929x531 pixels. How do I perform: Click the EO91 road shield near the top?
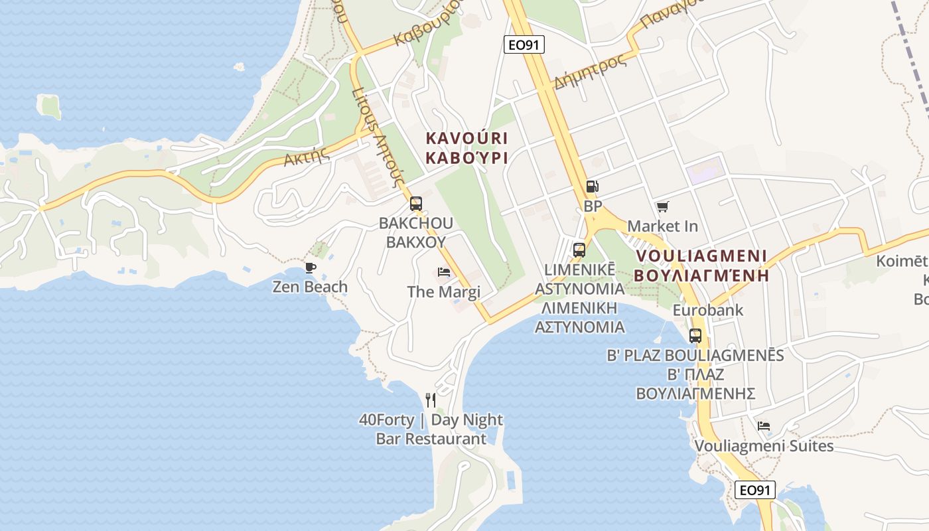point(524,44)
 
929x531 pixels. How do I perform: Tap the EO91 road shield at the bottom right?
point(756,490)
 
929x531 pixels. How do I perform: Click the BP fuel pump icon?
point(593,187)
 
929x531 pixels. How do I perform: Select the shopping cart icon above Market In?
point(662,207)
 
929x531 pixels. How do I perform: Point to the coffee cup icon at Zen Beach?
point(310,267)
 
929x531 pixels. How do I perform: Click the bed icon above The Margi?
point(444,272)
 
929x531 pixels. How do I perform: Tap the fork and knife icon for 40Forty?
point(431,400)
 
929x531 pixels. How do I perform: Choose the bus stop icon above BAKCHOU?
point(416,204)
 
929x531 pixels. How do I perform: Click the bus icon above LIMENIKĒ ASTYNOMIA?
point(579,250)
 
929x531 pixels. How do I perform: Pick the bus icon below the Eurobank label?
point(695,335)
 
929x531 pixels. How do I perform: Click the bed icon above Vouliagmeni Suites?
point(764,425)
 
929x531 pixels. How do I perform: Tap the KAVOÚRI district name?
point(466,139)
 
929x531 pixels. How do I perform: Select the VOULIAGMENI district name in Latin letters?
point(701,256)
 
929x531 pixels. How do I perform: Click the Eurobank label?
point(708,310)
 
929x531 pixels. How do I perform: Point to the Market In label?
point(662,226)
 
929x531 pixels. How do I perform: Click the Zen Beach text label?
point(310,287)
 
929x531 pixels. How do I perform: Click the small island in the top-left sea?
point(50,106)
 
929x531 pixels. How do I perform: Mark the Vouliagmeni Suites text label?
point(764,445)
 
